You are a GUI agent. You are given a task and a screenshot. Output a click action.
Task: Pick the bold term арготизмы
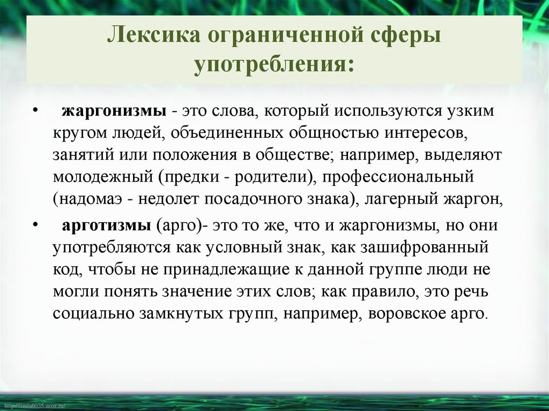[108, 225]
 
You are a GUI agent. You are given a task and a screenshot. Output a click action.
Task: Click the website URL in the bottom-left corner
[33, 406]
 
